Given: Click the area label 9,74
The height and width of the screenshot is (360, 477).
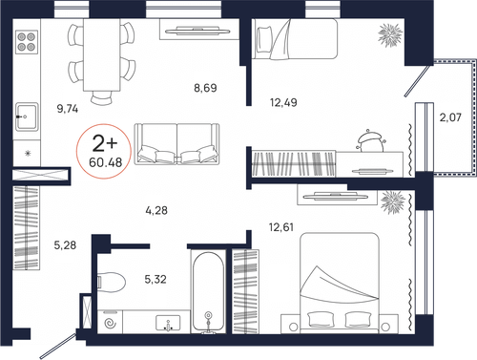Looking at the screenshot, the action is tap(68, 109).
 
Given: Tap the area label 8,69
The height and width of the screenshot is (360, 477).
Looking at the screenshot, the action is tap(205, 88).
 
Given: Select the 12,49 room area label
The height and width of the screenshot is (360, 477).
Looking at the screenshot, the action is tap(283, 102).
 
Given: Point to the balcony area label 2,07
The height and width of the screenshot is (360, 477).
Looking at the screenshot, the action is tap(450, 117).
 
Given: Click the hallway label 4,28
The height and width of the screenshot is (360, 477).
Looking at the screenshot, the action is tap(156, 210).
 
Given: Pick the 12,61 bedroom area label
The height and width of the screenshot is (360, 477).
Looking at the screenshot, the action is tap(281, 227).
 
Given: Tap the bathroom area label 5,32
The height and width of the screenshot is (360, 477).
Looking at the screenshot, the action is tap(156, 280).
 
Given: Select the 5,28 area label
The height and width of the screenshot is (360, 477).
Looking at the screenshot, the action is tap(65, 245).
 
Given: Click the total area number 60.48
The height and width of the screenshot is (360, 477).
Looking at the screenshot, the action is tap(106, 162).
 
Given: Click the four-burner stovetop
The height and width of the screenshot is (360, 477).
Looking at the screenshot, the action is tap(27, 42).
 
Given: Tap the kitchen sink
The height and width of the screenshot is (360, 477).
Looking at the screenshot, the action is tap(27, 116).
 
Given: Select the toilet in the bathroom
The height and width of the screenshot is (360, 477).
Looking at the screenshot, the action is tap(112, 282).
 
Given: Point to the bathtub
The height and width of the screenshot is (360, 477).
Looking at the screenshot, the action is tap(208, 292).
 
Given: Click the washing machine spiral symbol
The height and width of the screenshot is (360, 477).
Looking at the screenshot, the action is tap(111, 324).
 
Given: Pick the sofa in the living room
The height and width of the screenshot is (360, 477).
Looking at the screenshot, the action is tap(176, 144).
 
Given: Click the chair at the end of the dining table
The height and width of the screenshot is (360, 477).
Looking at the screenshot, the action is tap(102, 97).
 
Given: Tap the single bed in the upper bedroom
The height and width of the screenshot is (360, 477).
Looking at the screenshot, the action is tap(295, 38).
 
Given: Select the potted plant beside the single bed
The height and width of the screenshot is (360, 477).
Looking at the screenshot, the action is tap(390, 34).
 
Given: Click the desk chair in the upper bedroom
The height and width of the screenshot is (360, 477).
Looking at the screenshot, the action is tap(371, 142).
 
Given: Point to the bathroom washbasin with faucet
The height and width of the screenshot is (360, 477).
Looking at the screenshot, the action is tap(168, 323).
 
